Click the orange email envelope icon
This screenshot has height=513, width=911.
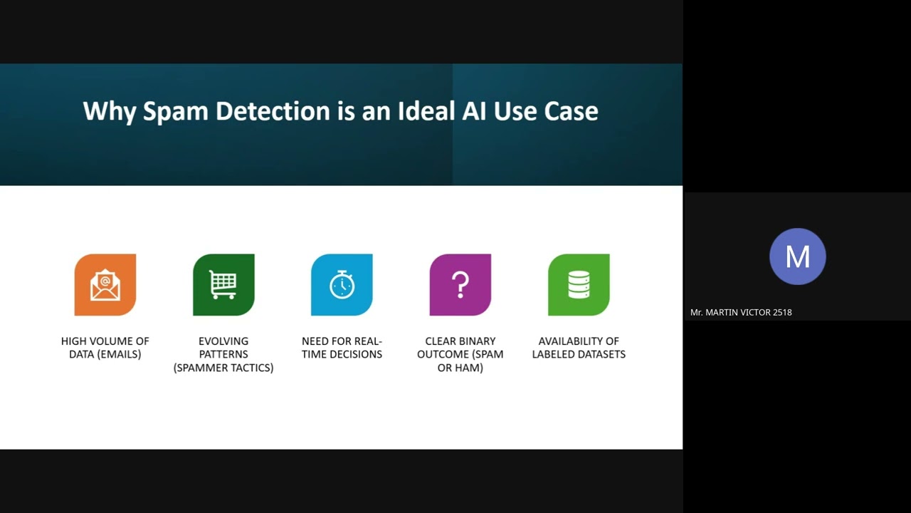105,284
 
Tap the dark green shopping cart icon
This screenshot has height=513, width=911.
223,284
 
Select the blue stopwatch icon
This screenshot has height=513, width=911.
342,284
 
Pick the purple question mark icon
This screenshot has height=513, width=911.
460,284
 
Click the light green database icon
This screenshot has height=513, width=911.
579,284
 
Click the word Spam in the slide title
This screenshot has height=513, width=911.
176,112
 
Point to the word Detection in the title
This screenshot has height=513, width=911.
273,110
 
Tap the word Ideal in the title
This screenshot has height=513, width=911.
426,110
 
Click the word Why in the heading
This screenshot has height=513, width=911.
110,112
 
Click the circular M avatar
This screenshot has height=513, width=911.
798,256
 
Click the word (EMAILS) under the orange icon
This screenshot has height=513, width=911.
120,354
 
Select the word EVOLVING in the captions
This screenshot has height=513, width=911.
223,341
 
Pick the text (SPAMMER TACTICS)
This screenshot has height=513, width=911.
223,368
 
